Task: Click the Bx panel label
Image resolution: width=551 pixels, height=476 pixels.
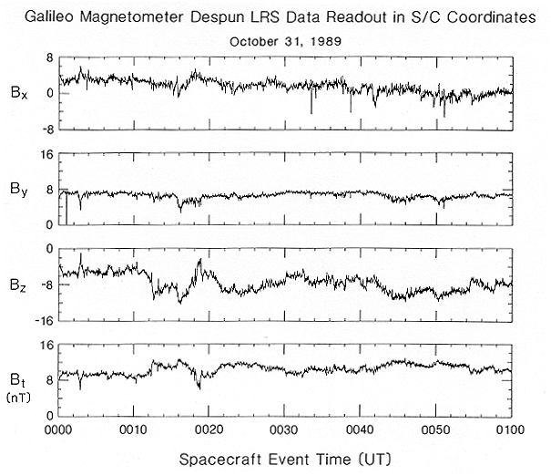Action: click(19, 92)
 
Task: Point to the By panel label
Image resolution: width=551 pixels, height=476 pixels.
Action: click(19, 190)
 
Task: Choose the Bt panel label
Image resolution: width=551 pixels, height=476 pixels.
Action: click(19, 376)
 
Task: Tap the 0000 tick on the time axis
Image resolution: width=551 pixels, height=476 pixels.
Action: click(58, 428)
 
